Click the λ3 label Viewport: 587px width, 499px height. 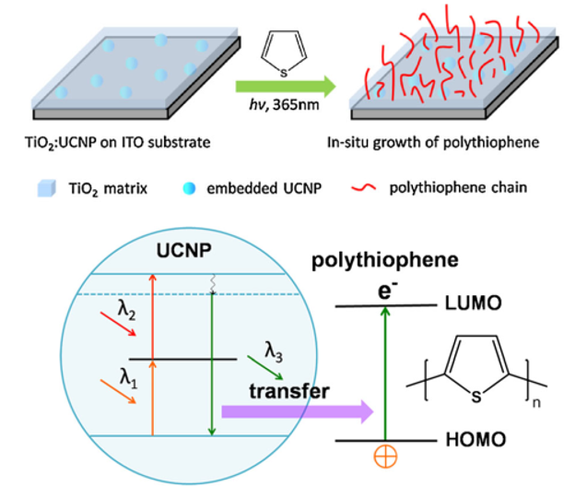click(x=275, y=351)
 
